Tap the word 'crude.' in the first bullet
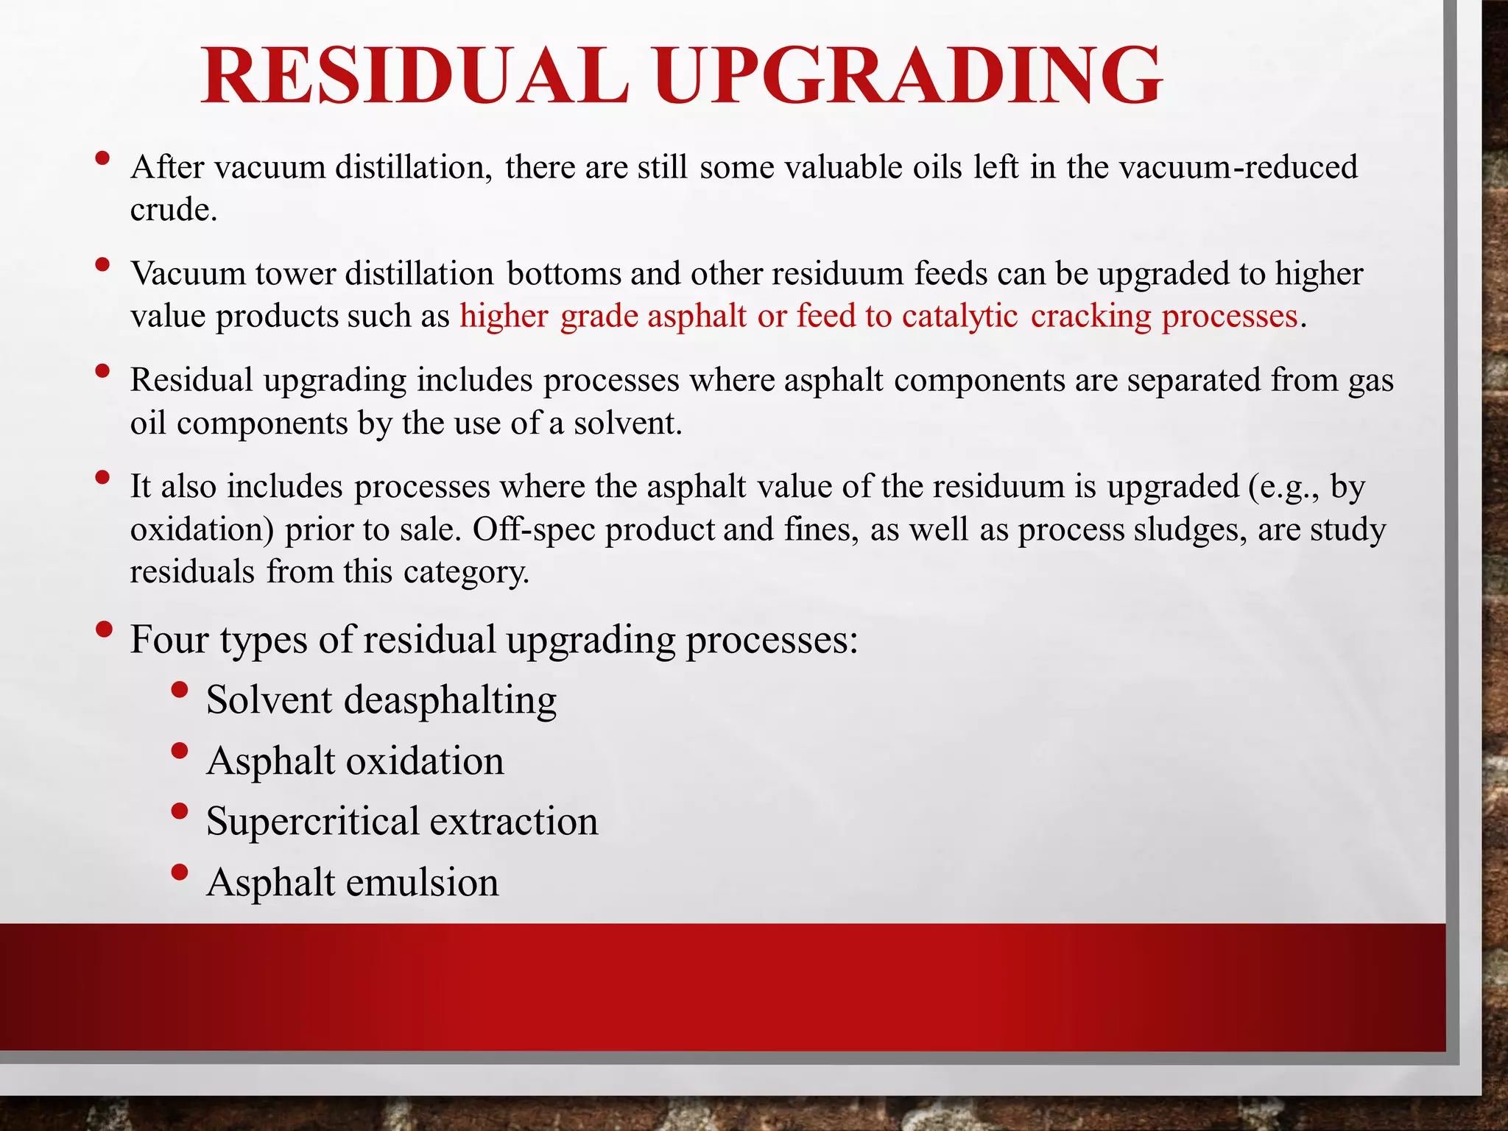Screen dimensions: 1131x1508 (174, 210)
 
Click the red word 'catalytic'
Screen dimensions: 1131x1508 (960, 316)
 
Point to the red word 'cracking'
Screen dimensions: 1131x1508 (1090, 316)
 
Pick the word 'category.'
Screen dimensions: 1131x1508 (466, 572)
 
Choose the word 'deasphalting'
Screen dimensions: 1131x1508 (450, 700)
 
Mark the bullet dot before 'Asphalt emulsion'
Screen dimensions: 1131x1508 (179, 873)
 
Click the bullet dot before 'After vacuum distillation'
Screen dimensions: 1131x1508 (102, 158)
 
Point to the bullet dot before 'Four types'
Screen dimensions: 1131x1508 (104, 630)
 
